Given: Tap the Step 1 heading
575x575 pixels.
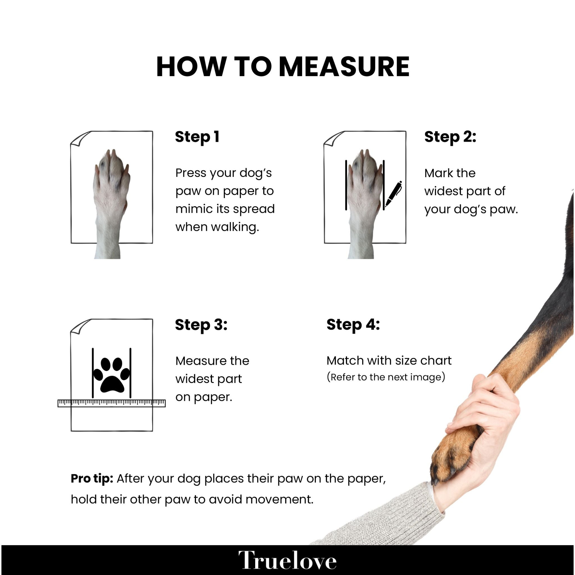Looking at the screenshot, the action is tap(197, 137).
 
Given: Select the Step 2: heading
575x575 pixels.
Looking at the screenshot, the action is tap(450, 137).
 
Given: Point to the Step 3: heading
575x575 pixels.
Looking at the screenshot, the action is tap(201, 325).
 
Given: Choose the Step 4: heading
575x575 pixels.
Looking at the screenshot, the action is tap(353, 325).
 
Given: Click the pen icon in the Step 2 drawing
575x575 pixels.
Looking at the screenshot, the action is tap(393, 194).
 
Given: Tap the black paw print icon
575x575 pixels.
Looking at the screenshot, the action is tap(112, 375).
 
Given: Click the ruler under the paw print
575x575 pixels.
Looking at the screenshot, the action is tap(112, 403).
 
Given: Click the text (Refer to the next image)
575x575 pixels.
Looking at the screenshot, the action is tap(386, 377).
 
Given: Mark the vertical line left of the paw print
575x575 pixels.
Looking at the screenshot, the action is tap(93, 373).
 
